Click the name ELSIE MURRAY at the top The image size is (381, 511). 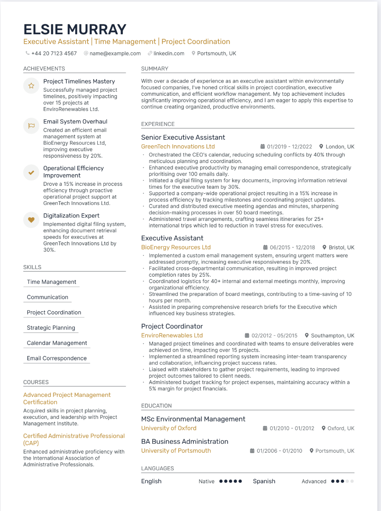[x=75, y=29]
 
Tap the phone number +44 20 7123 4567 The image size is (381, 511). [x=54, y=53]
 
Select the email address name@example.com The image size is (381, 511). [x=115, y=53]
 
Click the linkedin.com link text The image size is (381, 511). [x=169, y=53]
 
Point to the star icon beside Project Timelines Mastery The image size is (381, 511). [x=31, y=86]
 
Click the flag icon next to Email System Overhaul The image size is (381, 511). [x=31, y=126]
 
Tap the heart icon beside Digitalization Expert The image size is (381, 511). [x=31, y=220]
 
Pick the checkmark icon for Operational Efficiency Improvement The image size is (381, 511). [x=31, y=172]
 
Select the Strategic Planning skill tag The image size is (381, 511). [x=51, y=328]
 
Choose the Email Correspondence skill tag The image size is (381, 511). [x=57, y=358]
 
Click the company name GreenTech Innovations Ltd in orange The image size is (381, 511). [x=178, y=147]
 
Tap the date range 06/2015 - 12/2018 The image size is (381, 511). [x=292, y=247]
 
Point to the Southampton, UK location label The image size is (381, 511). [x=333, y=336]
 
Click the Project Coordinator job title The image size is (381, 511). [x=172, y=326]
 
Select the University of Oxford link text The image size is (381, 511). [x=169, y=428]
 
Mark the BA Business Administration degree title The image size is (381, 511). [x=184, y=442]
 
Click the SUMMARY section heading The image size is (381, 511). [x=155, y=68]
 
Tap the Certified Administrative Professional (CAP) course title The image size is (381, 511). [x=74, y=439]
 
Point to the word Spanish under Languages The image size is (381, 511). [x=264, y=481]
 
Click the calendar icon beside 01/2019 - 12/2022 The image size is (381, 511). [x=263, y=147]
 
